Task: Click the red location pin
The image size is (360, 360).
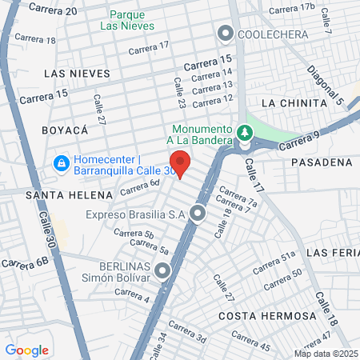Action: (181, 162)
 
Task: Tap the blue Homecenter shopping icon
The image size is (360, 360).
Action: (60, 163)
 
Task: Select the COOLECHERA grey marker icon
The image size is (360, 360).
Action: (225, 34)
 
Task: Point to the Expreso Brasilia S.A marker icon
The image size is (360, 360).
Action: (198, 214)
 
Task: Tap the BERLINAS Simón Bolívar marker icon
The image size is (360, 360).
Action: (164, 271)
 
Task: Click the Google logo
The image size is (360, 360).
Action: (26, 350)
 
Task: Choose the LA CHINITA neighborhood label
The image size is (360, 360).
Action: (294, 103)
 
